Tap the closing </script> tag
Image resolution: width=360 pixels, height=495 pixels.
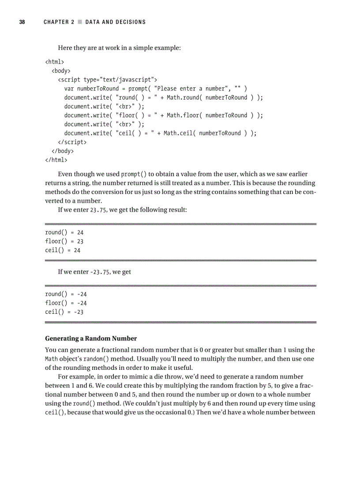tap(72, 142)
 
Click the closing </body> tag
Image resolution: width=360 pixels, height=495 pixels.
tap(63, 151)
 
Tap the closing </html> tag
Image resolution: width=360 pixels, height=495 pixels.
tap(56, 160)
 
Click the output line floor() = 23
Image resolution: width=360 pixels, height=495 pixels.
tap(64, 241)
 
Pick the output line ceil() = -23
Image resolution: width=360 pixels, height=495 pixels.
tap(64, 312)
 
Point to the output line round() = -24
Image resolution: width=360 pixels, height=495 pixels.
tap(66, 294)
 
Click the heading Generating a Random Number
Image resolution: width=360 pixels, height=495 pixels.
tap(91, 339)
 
